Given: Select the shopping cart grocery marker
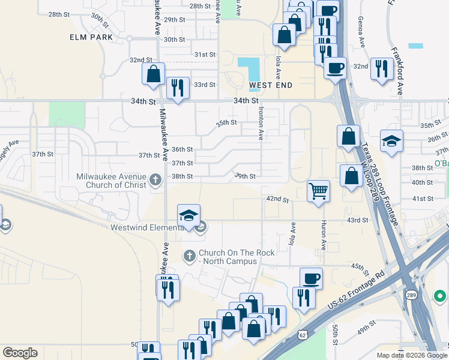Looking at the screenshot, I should click(x=318, y=191).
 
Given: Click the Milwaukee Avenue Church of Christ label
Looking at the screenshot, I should click(x=112, y=180).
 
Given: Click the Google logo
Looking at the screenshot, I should click(x=20, y=353).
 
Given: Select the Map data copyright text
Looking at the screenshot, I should click(x=412, y=355).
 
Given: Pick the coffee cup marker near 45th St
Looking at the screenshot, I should click(x=311, y=278).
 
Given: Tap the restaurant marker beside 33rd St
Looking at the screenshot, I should click(x=178, y=88).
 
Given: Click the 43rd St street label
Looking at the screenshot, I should click(x=357, y=220).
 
